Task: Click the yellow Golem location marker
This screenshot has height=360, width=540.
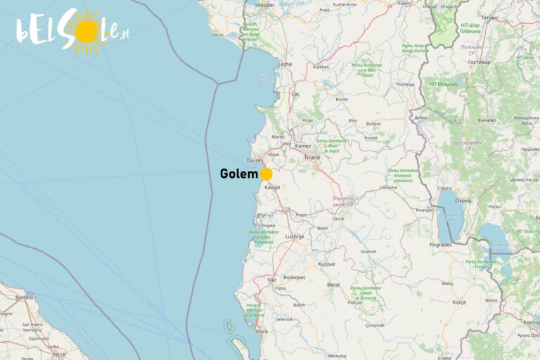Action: [x=266, y=174]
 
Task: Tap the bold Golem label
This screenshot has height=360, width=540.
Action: [x=238, y=174]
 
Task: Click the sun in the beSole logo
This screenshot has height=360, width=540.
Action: [x=85, y=32]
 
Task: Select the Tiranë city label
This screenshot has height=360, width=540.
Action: [x=311, y=157]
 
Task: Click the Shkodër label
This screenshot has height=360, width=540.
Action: [x=265, y=4]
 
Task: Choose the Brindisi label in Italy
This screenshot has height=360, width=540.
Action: [x=25, y=297]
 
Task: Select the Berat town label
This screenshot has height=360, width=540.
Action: [x=333, y=285]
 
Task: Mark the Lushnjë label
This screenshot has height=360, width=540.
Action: [x=295, y=237]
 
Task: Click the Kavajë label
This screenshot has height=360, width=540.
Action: [x=272, y=188]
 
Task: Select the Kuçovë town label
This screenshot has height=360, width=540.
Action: [x=326, y=264]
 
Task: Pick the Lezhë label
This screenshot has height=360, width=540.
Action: [x=285, y=64]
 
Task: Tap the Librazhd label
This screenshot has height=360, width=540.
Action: [x=388, y=188]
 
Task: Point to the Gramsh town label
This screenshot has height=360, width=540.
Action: [x=368, y=251]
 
